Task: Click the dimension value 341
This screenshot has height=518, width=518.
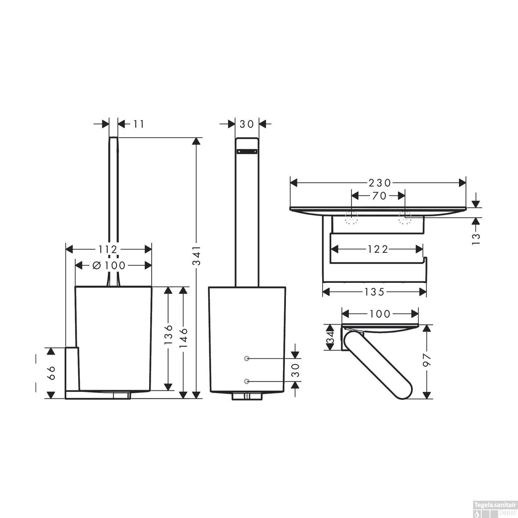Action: (196, 256)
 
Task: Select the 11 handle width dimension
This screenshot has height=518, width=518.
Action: (138, 124)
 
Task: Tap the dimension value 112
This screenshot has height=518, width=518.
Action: (108, 249)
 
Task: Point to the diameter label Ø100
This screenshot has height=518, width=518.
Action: (109, 265)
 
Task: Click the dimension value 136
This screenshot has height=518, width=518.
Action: (168, 334)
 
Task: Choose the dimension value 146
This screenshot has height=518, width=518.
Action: (183, 337)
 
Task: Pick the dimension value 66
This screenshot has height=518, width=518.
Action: (51, 373)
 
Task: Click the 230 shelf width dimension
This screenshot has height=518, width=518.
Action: (380, 182)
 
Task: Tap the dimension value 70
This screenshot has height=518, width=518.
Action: (379, 196)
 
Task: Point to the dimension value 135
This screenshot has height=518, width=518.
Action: (374, 292)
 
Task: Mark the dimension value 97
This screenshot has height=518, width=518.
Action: (428, 360)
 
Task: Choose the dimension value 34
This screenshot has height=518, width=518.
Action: (330, 337)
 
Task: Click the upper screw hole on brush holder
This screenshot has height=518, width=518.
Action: (246, 359)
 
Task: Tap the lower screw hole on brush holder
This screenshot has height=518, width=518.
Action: (246, 381)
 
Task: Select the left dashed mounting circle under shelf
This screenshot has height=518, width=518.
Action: (352, 218)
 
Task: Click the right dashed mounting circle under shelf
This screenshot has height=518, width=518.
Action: (405, 218)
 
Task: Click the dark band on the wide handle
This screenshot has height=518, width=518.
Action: (247, 151)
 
